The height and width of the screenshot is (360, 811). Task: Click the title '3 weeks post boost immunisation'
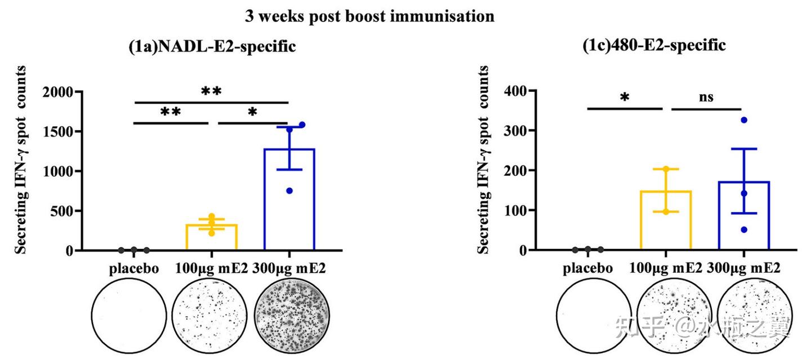click(369, 16)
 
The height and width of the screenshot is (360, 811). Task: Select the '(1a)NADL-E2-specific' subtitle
click(212, 47)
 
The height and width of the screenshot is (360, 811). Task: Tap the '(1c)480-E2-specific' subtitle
click(654, 46)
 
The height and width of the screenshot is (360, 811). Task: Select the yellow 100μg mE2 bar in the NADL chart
click(211, 237)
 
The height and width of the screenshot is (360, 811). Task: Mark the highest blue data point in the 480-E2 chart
click(743, 120)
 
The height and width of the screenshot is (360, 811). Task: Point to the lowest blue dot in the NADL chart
click(289, 191)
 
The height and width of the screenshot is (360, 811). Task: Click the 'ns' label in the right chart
click(706, 97)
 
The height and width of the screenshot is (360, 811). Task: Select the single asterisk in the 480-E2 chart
click(625, 97)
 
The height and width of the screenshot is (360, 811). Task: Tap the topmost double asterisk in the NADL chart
click(211, 91)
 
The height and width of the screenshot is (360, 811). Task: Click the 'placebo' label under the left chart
click(133, 268)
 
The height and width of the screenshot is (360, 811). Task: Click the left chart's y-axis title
click(21, 159)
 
